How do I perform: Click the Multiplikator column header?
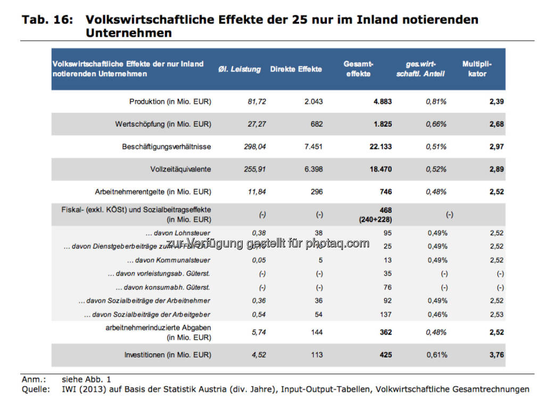(x=477, y=69)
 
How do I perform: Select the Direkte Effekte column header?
(x=296, y=69)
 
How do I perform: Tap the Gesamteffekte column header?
(x=357, y=69)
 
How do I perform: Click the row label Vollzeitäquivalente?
(x=180, y=169)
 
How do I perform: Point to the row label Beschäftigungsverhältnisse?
(x=167, y=146)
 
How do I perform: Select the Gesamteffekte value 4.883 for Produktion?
(x=382, y=102)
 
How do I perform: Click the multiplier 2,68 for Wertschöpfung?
(x=497, y=124)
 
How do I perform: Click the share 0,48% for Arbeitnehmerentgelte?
(x=436, y=192)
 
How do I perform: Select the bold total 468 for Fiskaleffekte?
(x=386, y=210)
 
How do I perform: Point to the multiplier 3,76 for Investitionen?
(x=497, y=355)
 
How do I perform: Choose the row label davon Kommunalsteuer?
(x=169, y=260)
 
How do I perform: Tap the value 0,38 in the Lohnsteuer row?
(x=259, y=232)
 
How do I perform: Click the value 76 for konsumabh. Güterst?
(x=387, y=287)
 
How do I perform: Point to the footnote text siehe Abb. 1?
(x=86, y=379)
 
